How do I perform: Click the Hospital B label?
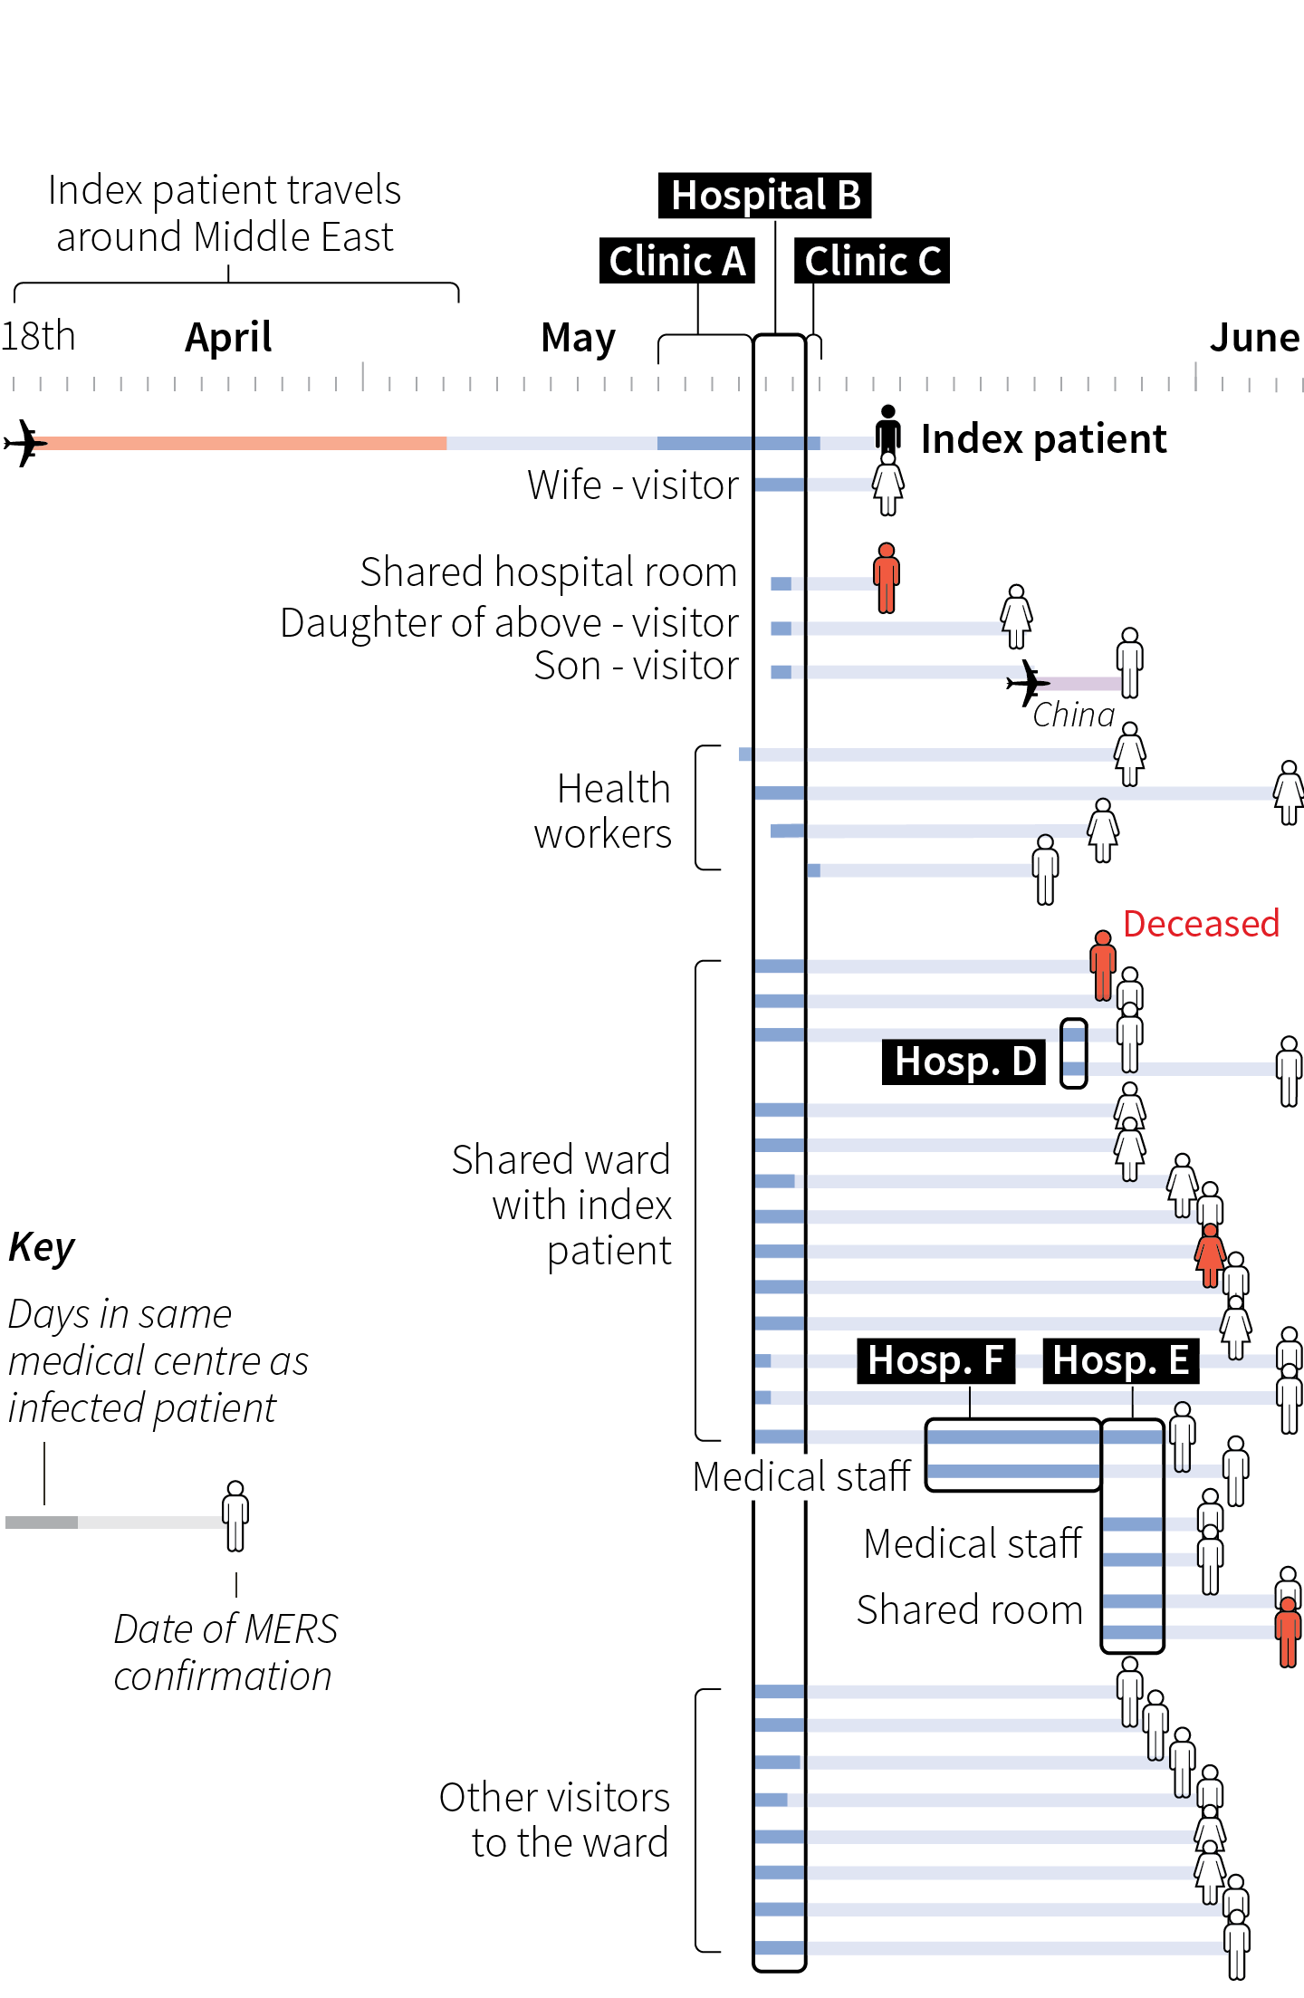click(x=764, y=196)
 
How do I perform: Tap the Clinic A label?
click(x=676, y=261)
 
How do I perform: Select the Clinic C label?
click(x=871, y=261)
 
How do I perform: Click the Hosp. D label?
click(x=964, y=1061)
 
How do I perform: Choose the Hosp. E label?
click(x=1120, y=1360)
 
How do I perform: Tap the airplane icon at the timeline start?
click(x=25, y=443)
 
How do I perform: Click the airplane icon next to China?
click(x=1027, y=682)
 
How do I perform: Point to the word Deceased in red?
click(x=1201, y=924)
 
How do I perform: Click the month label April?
click(x=228, y=338)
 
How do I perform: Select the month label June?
click(x=1254, y=338)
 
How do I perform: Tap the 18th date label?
click(x=38, y=336)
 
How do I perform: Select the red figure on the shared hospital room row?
click(x=887, y=578)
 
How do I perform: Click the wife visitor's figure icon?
click(x=888, y=485)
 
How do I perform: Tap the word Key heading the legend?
click(x=42, y=1247)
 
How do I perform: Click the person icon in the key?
click(x=235, y=1515)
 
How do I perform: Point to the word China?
click(x=1073, y=715)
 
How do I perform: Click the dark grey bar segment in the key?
click(x=42, y=1523)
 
